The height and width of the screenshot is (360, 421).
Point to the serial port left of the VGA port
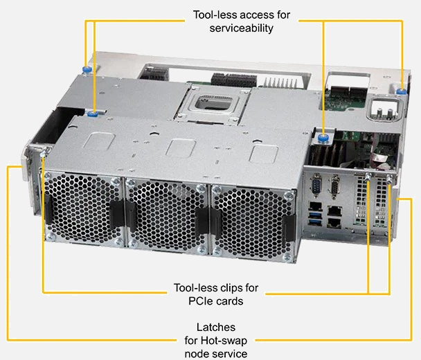coord(315,186)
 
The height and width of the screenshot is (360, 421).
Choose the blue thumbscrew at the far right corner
coord(402,89)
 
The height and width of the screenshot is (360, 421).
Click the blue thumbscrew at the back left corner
coord(86,69)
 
